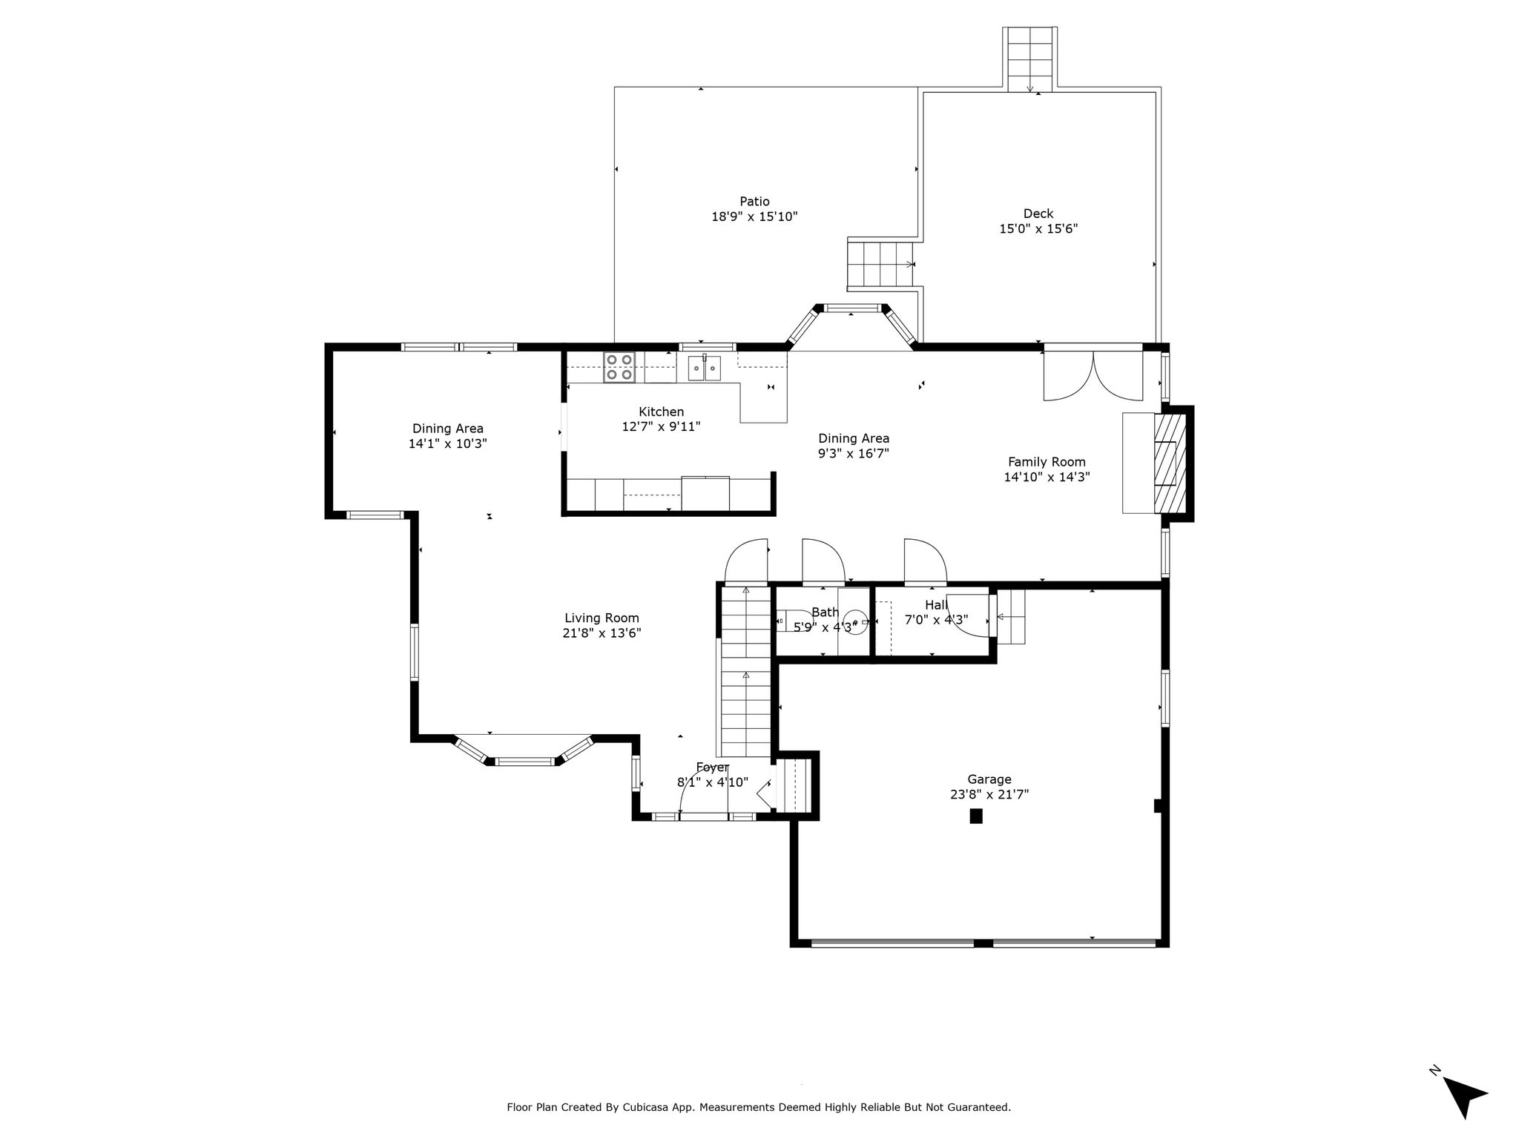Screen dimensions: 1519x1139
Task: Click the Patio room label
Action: (754, 202)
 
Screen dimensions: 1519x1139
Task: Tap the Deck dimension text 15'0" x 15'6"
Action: (1038, 229)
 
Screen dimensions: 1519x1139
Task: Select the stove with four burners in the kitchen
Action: (620, 367)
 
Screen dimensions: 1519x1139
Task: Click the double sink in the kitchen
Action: (705, 368)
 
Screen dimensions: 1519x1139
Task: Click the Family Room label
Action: (1047, 462)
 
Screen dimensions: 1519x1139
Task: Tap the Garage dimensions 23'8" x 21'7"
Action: (989, 794)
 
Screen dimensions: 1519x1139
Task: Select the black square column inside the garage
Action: (976, 816)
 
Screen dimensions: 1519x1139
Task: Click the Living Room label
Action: (602, 618)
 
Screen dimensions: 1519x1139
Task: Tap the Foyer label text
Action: (712, 767)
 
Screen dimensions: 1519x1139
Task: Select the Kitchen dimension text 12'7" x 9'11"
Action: (661, 426)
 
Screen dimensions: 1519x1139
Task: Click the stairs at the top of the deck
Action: (1030, 59)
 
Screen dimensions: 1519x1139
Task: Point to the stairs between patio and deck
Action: (882, 264)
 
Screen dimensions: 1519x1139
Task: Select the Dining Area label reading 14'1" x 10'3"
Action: (448, 444)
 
